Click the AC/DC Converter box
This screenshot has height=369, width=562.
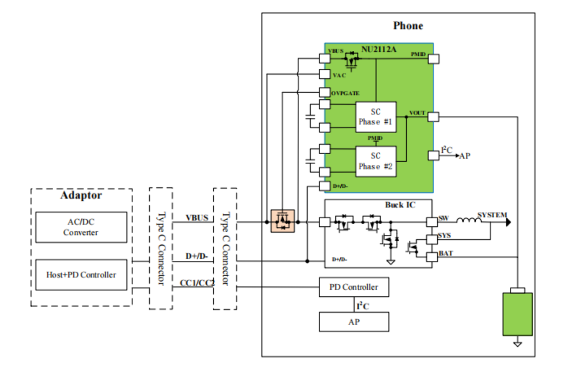[81, 227]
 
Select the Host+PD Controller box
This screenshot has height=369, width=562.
[81, 275]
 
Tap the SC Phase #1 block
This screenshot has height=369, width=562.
[375, 117]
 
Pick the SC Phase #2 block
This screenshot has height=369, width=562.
[375, 161]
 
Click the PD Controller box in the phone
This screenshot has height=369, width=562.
[354, 287]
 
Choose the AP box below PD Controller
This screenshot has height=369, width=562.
[354, 322]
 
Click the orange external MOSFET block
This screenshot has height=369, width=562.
[283, 221]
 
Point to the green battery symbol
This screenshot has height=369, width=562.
[517, 314]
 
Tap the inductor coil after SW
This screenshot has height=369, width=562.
[469, 220]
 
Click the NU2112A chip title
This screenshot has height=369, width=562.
[379, 49]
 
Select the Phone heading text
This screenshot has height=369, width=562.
[408, 26]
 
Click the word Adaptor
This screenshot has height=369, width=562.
[81, 195]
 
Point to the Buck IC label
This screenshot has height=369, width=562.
[400, 205]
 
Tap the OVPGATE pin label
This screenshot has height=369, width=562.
[345, 93]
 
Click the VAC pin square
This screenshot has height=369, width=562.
[324, 74]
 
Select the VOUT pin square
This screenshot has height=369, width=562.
[433, 117]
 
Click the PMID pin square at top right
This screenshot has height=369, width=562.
[433, 59]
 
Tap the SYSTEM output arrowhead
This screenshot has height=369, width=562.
[509, 222]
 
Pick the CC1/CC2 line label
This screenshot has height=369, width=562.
[197, 283]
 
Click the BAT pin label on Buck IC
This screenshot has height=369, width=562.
[446, 253]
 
